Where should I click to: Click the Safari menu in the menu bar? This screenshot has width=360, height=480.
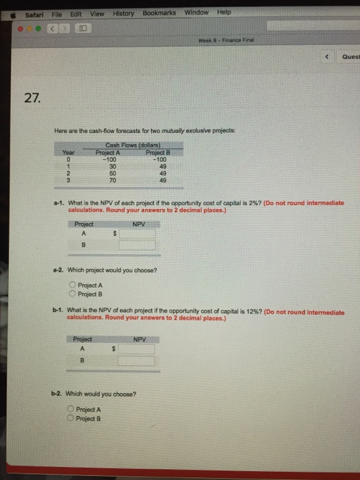[x=34, y=15]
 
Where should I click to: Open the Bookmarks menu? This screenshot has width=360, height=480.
[x=159, y=13]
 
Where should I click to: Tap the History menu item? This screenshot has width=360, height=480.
[x=123, y=14]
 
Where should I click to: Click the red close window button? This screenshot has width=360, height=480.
[x=20, y=29]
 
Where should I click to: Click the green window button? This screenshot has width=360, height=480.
[x=38, y=29]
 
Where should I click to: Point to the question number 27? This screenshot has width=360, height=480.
[x=32, y=98]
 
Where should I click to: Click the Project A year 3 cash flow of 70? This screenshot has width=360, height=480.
[x=112, y=180]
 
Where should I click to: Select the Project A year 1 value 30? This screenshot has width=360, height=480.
[x=112, y=167]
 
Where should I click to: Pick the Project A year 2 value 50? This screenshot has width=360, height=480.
[x=112, y=173]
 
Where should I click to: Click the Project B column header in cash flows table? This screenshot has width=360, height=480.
[x=158, y=152]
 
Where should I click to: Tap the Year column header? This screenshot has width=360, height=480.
[x=69, y=152]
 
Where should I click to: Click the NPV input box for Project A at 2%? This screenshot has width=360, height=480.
[x=137, y=234]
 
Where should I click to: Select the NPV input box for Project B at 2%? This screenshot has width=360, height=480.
[x=137, y=245]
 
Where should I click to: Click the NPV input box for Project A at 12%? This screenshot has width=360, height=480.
[x=136, y=349]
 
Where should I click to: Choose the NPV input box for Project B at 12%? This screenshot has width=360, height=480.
[x=136, y=361]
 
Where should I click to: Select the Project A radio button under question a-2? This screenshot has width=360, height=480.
[x=72, y=285]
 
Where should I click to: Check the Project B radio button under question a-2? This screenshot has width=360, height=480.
[x=72, y=293]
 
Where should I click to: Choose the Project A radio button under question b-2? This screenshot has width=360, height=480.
[x=71, y=409]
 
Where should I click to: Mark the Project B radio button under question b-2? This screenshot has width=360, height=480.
[x=71, y=418]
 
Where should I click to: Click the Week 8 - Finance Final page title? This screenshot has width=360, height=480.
[x=226, y=40]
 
